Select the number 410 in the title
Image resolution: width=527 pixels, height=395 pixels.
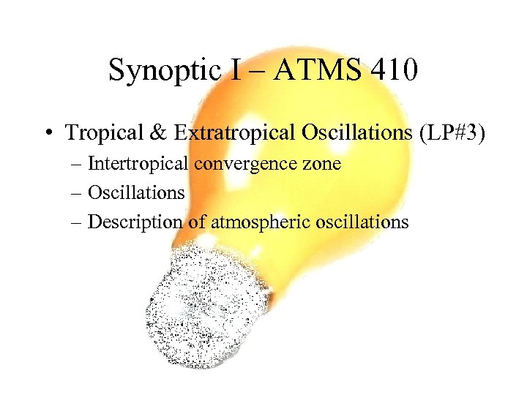pos(394,70)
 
